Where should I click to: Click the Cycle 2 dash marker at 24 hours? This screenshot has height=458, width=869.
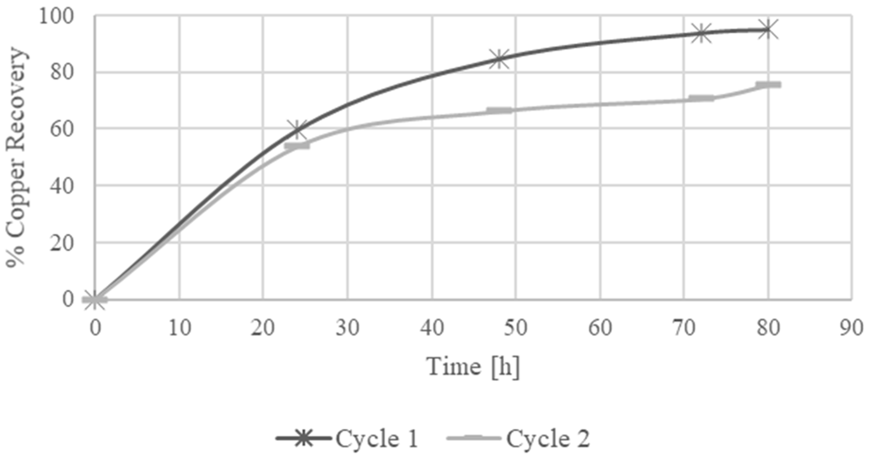tap(297, 146)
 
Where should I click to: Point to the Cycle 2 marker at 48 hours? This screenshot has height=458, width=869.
tap(499, 111)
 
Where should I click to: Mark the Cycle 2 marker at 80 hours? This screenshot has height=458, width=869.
tap(768, 85)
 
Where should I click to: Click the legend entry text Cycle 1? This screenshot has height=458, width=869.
tap(377, 438)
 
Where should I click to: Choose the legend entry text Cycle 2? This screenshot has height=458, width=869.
tap(548, 438)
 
